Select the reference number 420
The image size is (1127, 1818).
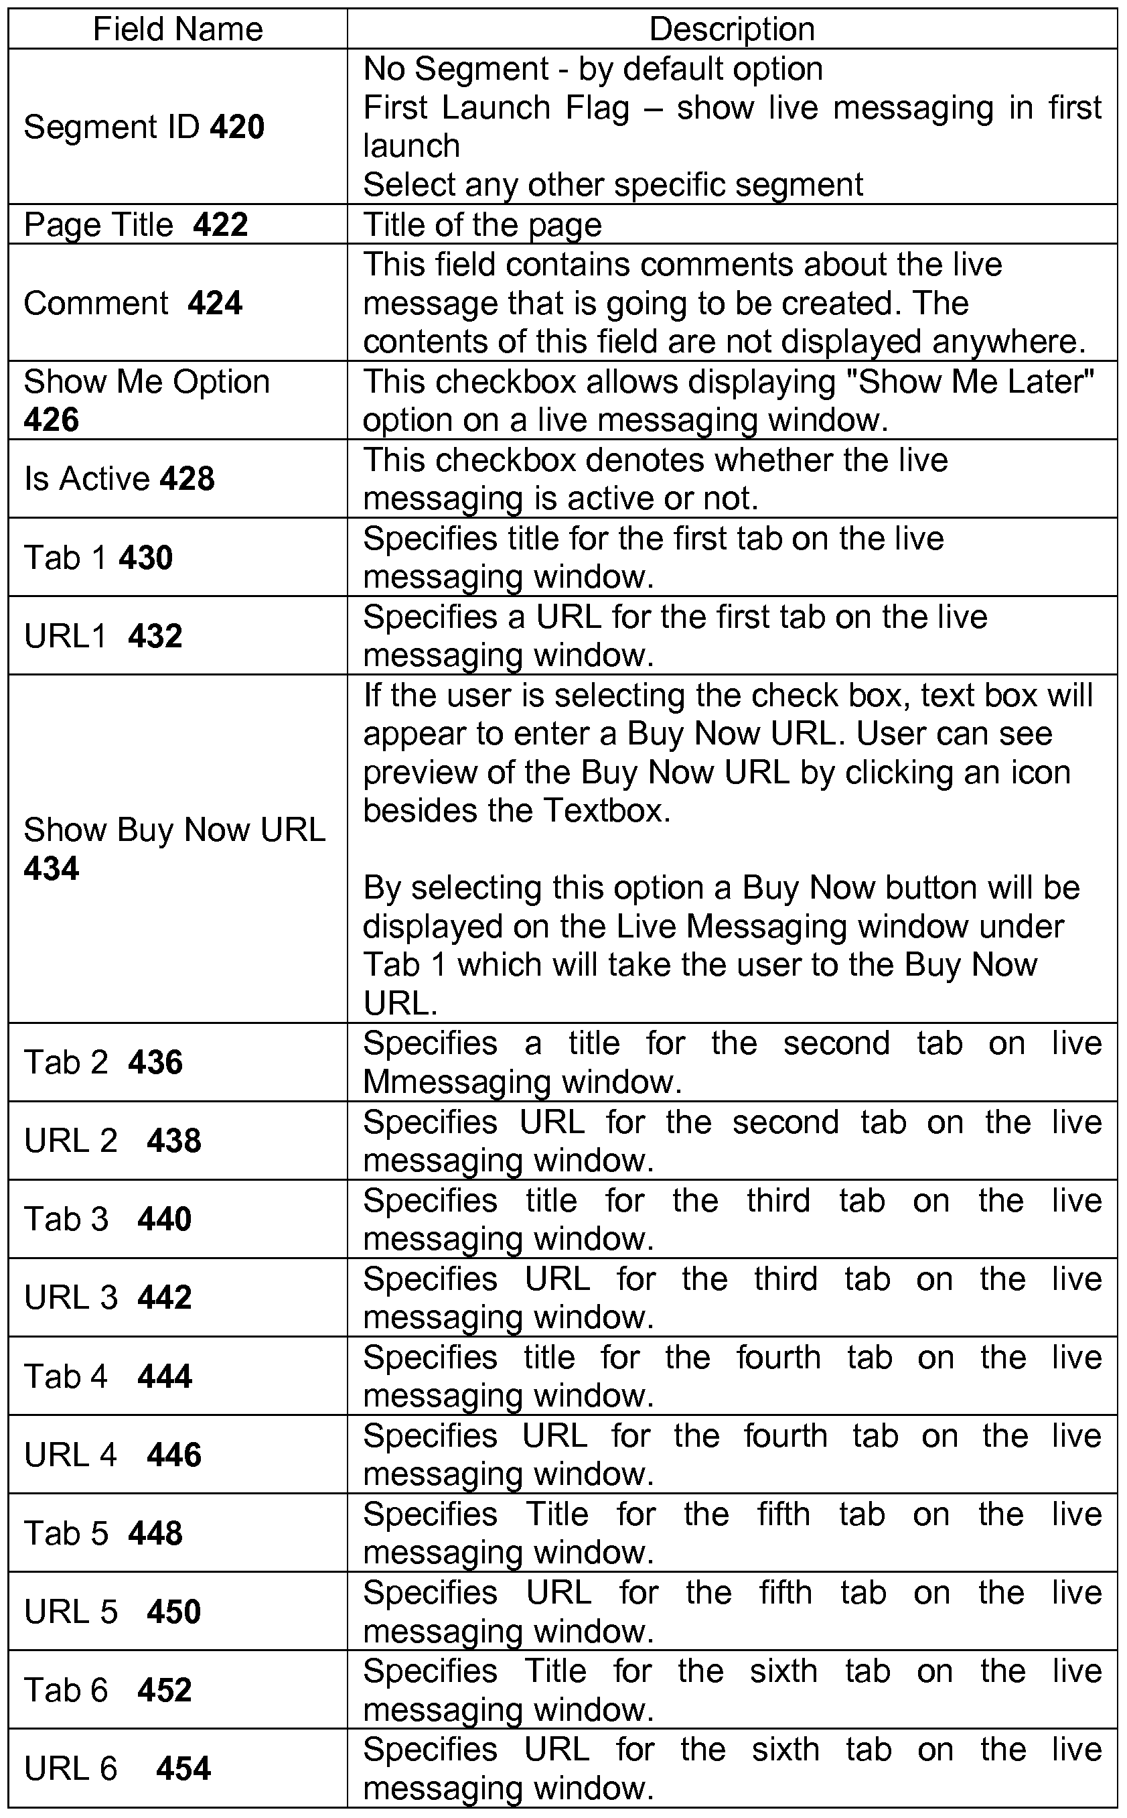click(237, 127)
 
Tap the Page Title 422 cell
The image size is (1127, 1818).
click(136, 224)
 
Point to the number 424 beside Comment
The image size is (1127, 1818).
click(215, 304)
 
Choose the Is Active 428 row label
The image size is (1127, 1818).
click(119, 478)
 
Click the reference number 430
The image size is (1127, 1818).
click(145, 558)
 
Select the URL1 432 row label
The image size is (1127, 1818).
click(103, 636)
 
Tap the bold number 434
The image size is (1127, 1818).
click(51, 868)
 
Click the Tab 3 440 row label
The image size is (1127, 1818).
click(107, 1219)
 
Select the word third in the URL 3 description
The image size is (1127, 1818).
click(785, 1279)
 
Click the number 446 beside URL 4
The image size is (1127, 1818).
click(173, 1455)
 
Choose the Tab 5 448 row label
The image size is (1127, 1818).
click(103, 1533)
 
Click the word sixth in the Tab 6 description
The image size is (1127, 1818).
click(783, 1671)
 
